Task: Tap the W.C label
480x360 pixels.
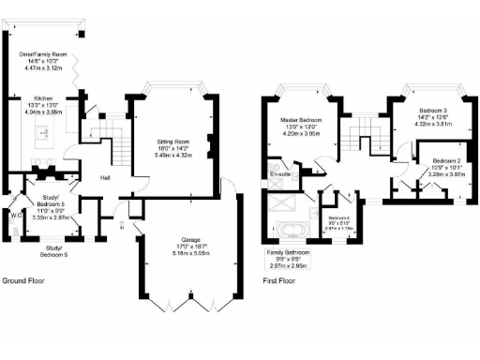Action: click(16, 214)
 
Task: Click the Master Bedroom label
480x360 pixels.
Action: click(302, 119)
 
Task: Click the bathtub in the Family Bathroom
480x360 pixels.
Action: click(291, 231)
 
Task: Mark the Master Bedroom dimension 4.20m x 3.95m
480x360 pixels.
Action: click(302, 133)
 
